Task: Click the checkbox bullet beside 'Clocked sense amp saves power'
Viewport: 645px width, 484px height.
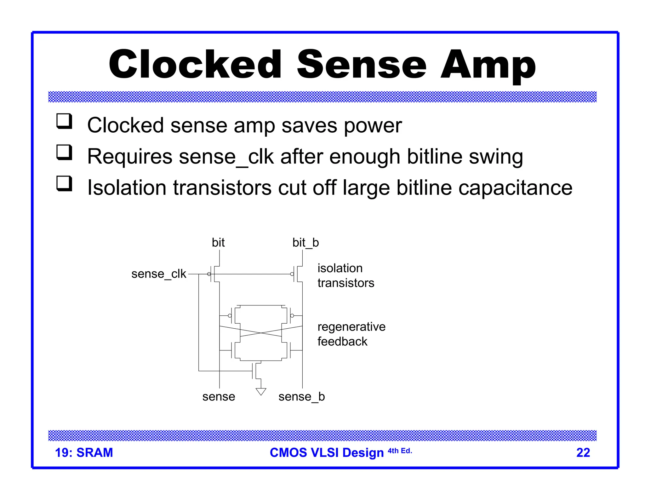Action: point(64,121)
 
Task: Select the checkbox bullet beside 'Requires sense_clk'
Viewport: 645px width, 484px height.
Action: point(64,152)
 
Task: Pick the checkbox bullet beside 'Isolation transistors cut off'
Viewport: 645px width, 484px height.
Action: point(64,183)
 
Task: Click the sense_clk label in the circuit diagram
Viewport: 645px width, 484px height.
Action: point(159,274)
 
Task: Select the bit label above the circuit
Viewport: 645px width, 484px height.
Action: point(218,243)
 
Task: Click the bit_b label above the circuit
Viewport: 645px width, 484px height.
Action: point(305,243)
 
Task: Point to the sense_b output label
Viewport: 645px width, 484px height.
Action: point(301,396)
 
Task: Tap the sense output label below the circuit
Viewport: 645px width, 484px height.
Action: point(219,396)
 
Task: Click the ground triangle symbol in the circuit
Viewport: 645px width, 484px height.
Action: point(261,391)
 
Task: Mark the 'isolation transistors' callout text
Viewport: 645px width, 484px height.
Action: point(345,275)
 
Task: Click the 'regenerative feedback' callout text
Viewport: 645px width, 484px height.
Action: point(351,334)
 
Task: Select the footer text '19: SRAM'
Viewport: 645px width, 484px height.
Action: point(84,452)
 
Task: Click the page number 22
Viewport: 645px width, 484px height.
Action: point(583,452)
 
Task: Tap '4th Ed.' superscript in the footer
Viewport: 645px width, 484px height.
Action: point(400,451)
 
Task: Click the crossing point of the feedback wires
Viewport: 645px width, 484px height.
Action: point(261,333)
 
